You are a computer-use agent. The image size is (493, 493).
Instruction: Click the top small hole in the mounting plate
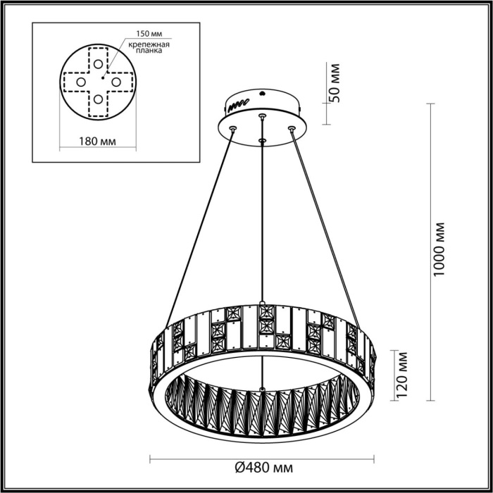click(97, 63)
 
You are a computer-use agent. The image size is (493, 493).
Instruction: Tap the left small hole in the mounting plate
click(80, 82)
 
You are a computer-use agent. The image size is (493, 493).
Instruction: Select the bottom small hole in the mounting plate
click(97, 99)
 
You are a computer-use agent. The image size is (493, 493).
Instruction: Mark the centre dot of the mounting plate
click(104, 74)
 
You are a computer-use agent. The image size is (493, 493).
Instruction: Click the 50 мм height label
click(335, 83)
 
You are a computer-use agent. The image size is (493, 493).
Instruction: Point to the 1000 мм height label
click(440, 249)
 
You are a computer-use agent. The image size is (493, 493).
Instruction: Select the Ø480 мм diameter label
click(263, 467)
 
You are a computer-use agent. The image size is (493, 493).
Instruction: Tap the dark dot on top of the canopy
click(263, 92)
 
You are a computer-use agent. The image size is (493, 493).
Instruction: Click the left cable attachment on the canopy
click(232, 127)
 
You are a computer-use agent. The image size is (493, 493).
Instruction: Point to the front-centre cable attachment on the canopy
click(262, 141)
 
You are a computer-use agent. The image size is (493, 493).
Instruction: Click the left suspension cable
click(197, 225)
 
